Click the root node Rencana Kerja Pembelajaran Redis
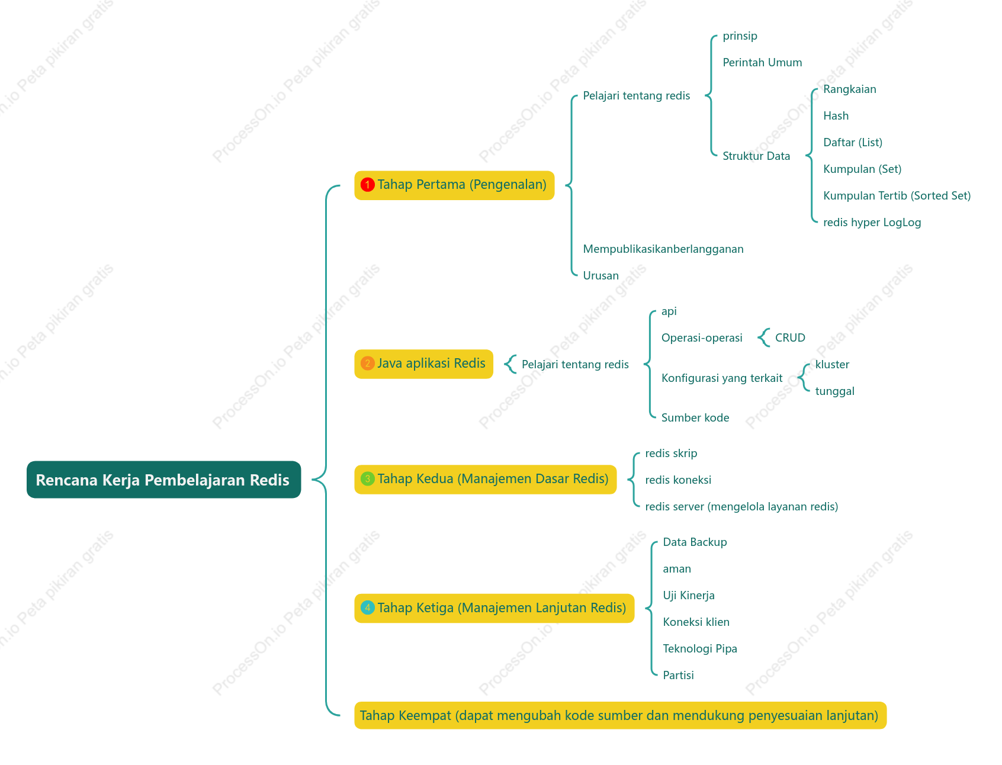163,480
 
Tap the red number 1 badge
367,185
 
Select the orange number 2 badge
367,364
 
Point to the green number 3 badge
367,479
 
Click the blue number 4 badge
367,607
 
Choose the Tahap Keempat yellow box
620,715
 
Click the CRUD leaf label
790,337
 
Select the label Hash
836,116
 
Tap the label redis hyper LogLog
872,223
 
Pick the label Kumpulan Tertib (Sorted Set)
897,196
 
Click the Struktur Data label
756,156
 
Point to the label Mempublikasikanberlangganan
663,249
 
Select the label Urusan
600,276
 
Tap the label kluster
832,365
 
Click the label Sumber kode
695,418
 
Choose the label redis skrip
671,454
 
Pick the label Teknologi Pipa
700,649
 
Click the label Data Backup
695,542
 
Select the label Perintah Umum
762,63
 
